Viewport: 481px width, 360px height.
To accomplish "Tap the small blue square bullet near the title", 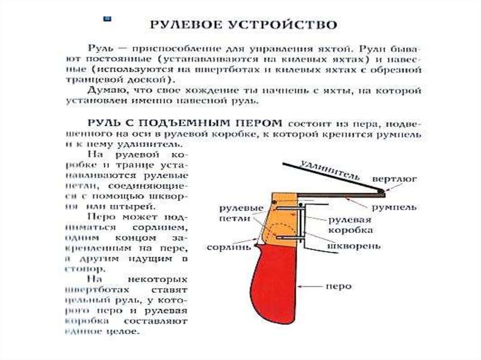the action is click(x=108, y=20).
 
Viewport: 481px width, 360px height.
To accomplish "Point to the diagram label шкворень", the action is click(x=354, y=245).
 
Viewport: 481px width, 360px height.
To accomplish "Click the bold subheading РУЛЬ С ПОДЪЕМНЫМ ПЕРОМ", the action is click(x=185, y=123).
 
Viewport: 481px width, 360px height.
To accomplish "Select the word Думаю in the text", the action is click(x=105, y=90).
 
